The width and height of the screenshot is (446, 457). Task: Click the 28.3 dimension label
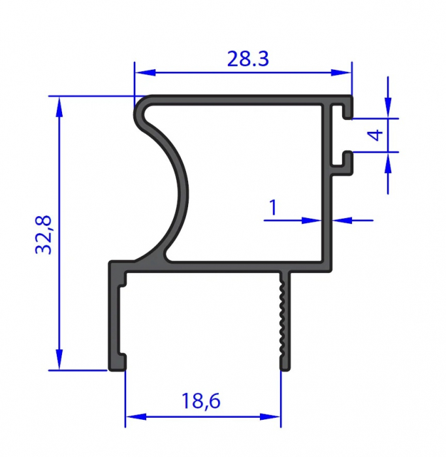point(248,59)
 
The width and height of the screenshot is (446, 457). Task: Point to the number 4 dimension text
point(374,135)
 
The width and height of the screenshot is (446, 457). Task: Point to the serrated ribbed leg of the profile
point(283,320)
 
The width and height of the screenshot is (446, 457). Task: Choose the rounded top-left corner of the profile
point(141,106)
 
